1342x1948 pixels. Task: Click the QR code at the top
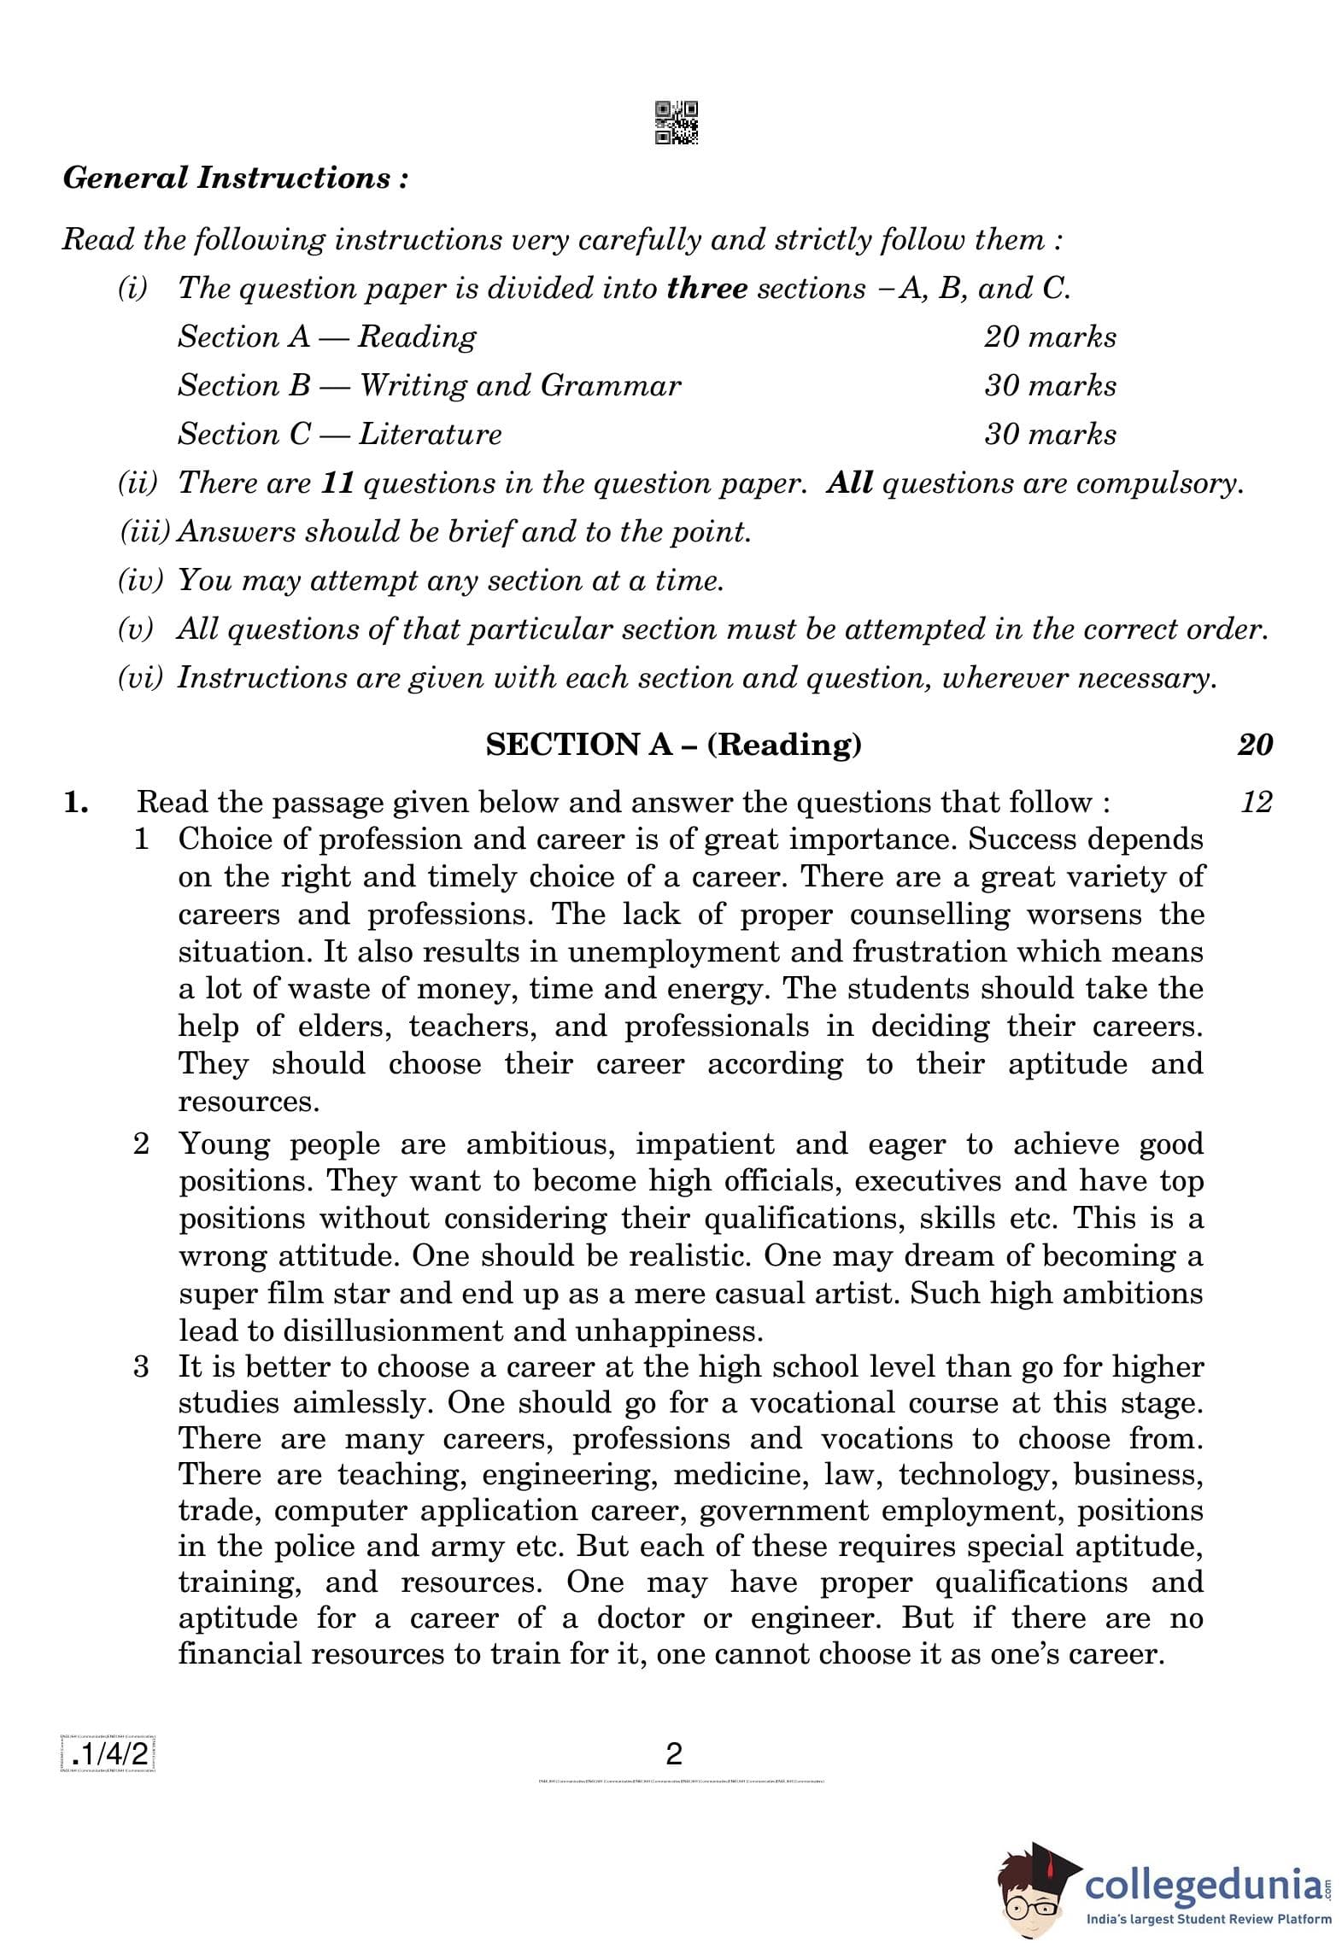(676, 122)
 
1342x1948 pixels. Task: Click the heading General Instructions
(235, 178)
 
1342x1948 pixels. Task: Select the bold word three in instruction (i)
(706, 289)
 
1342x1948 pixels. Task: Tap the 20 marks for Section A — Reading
(1049, 337)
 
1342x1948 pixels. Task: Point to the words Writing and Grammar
(520, 386)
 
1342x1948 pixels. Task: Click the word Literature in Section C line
(430, 435)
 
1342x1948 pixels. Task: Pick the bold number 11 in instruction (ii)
(337, 483)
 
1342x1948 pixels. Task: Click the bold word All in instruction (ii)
(849, 483)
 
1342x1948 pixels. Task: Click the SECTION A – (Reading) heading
(673, 745)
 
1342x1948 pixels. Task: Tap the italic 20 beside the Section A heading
(1254, 745)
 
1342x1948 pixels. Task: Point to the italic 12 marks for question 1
(1256, 802)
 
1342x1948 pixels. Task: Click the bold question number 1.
(75, 803)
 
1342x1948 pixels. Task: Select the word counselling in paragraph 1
(929, 915)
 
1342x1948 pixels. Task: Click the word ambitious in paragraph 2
(540, 1144)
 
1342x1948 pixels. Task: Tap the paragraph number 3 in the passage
(141, 1367)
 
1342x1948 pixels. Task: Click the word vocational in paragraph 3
(819, 1403)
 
